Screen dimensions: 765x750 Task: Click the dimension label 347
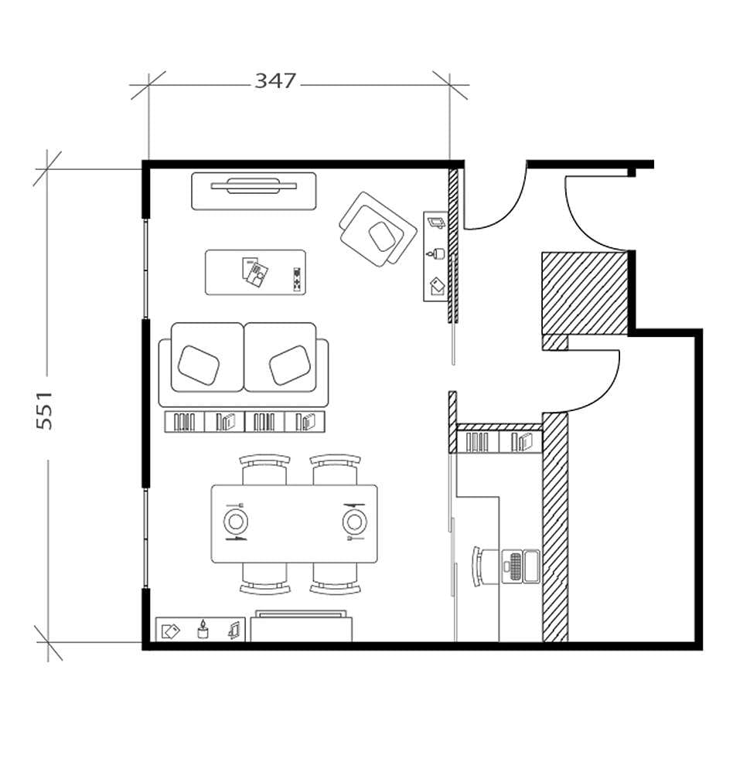276,80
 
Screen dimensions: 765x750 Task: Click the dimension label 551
45,409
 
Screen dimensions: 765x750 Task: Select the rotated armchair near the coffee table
377,230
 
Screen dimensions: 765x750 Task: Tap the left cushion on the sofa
199,363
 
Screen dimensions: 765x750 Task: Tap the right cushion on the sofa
289,364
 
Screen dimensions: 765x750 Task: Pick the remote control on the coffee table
295,279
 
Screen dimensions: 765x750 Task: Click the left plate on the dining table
236,522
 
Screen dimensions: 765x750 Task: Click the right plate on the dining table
353,522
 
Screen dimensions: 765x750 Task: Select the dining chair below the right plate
336,578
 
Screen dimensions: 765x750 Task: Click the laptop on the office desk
522,566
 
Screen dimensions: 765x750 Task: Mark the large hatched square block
584,294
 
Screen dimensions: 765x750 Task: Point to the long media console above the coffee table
254,190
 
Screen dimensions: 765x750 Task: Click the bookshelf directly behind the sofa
245,421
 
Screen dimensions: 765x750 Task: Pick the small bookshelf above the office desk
499,442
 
